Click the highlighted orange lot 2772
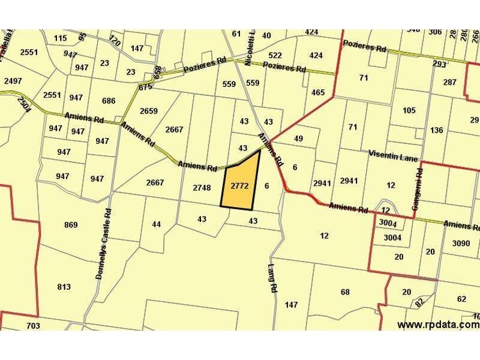pyautogui.click(x=239, y=186)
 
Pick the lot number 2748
pyautogui.click(x=202, y=188)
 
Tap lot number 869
pyautogui.click(x=71, y=225)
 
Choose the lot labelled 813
pyautogui.click(x=64, y=287)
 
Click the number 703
pyautogui.click(x=33, y=326)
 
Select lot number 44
pyautogui.click(x=156, y=224)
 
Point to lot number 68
pyautogui.click(x=344, y=292)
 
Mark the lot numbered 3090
pyautogui.click(x=461, y=243)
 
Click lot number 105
pyautogui.click(x=409, y=110)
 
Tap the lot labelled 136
pyautogui.click(x=437, y=130)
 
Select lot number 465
pyautogui.click(x=318, y=92)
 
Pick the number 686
pyautogui.click(x=109, y=101)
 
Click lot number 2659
pyautogui.click(x=148, y=111)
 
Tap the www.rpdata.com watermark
pyautogui.click(x=438, y=325)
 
